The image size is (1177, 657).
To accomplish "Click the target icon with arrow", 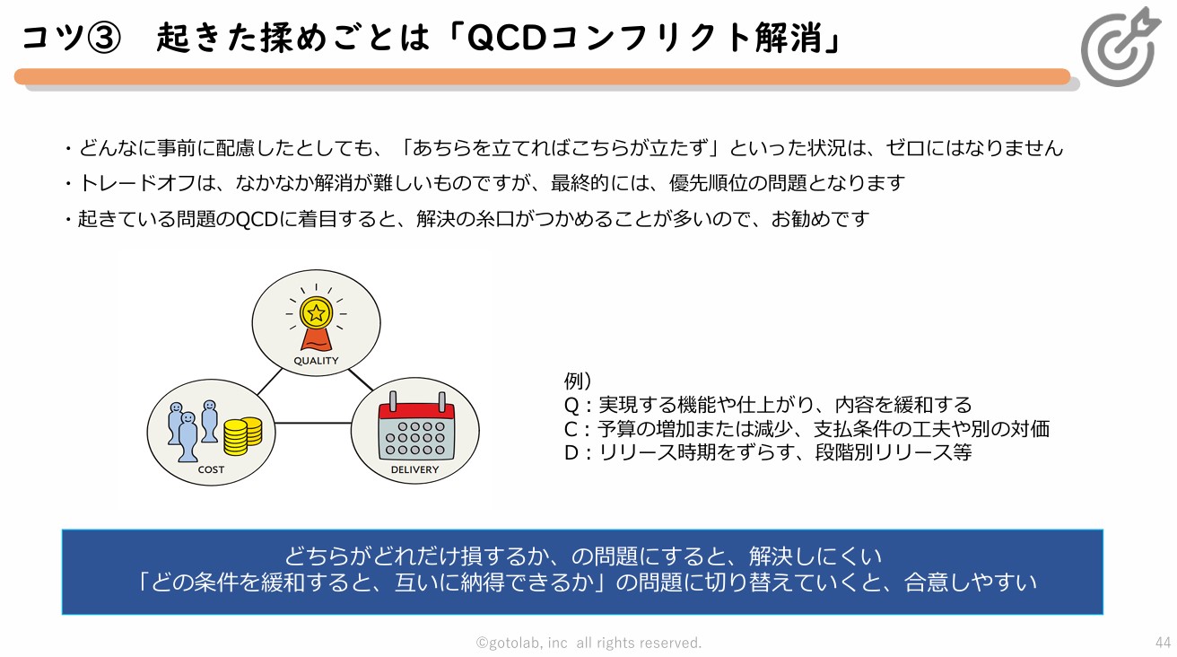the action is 1120,47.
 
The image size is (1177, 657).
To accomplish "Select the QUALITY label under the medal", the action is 316,361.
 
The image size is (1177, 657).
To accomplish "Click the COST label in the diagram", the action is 211,469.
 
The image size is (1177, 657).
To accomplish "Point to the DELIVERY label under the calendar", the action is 414,469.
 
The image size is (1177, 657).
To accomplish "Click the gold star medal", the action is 316,312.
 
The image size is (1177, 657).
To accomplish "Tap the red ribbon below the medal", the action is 316,339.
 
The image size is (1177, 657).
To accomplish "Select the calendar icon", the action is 416,425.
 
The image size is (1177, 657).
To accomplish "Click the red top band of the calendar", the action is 416,411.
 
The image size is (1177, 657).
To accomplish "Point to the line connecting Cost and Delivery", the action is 313,423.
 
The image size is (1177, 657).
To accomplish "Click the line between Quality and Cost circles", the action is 269,381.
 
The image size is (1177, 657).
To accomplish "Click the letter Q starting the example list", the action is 571,405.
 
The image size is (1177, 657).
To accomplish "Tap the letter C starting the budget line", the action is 571,429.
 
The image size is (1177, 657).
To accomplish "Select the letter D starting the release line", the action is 571,452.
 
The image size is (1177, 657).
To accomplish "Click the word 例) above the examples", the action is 578,381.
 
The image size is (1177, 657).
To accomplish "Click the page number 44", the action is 1163,643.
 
